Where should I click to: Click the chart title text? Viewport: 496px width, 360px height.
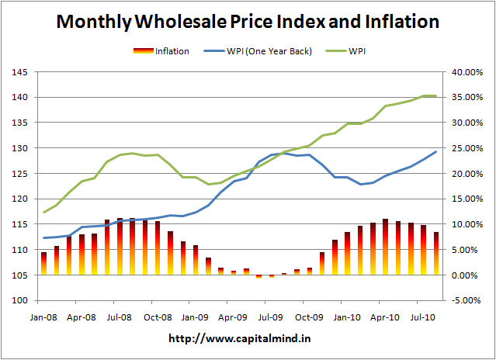point(248,22)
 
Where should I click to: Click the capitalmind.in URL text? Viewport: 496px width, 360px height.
point(248,339)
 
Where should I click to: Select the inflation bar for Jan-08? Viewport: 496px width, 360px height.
point(44,264)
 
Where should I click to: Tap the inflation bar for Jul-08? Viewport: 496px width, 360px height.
point(120,247)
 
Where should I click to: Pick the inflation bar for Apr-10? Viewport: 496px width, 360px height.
point(386,247)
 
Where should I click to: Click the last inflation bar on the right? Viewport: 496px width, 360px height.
point(436,254)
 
